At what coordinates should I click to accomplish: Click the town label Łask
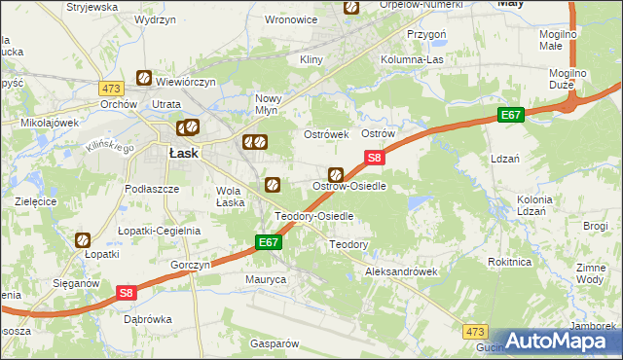[184, 153]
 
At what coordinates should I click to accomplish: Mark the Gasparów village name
[274, 343]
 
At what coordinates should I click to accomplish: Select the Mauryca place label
[265, 279]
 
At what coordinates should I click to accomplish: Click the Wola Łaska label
[230, 197]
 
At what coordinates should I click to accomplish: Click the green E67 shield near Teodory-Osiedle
[270, 241]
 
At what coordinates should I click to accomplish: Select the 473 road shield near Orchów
[110, 89]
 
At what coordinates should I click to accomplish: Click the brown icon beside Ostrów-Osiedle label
[336, 174]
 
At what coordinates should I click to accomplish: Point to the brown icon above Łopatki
[83, 238]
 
